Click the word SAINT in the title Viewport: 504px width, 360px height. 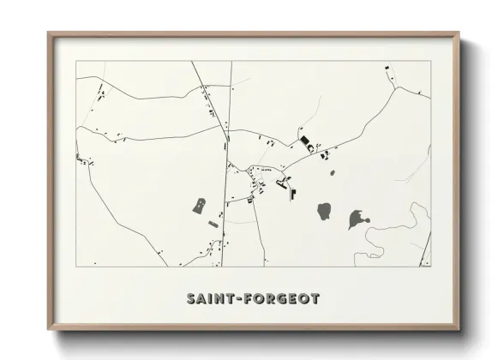coord(210,299)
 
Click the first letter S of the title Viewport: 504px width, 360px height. coord(189,299)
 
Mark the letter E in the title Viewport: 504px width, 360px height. coord(288,299)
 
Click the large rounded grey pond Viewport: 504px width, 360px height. coord(325,210)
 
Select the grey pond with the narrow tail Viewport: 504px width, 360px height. coord(356,219)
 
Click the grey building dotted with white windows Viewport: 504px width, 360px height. coord(200,206)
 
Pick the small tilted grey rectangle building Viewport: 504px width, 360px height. coord(213,224)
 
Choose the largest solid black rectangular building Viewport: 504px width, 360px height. coord(303,141)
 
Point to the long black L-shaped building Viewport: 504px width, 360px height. coord(292,194)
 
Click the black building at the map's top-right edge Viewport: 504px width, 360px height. coord(385,68)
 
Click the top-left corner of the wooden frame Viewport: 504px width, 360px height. coord(49,33)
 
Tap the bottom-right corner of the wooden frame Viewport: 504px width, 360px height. coord(459,329)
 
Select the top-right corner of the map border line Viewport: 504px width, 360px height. coord(429,61)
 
